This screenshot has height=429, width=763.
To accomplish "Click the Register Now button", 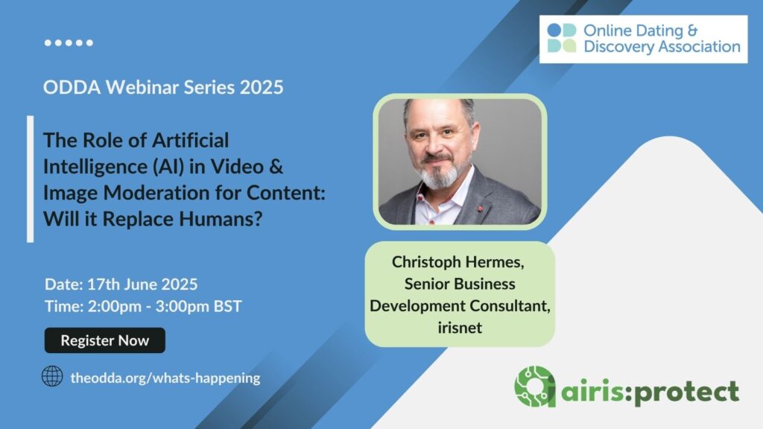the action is pyautogui.click(x=104, y=340).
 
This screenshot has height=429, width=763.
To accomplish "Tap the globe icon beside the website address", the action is pyautogui.click(x=52, y=376).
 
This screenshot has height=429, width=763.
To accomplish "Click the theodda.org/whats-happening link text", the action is pyautogui.click(x=165, y=378).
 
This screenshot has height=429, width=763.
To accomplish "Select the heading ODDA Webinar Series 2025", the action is pyautogui.click(x=163, y=87).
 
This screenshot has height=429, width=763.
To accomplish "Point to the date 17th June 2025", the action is pyautogui.click(x=142, y=284).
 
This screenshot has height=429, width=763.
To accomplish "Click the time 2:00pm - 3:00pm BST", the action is pyautogui.click(x=165, y=306).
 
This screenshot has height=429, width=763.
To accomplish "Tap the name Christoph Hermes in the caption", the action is pyautogui.click(x=458, y=262).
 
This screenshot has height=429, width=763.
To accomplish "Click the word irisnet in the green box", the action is pyautogui.click(x=460, y=328).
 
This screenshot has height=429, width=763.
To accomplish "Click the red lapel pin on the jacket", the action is pyautogui.click(x=481, y=209).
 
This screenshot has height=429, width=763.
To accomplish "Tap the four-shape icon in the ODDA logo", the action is pyautogui.click(x=562, y=38).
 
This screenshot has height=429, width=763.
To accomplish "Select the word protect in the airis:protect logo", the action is pyautogui.click(x=686, y=392).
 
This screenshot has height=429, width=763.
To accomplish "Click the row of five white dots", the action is pyautogui.click(x=69, y=42).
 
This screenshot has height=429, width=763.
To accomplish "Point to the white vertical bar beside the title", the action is pyautogui.click(x=30, y=179).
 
